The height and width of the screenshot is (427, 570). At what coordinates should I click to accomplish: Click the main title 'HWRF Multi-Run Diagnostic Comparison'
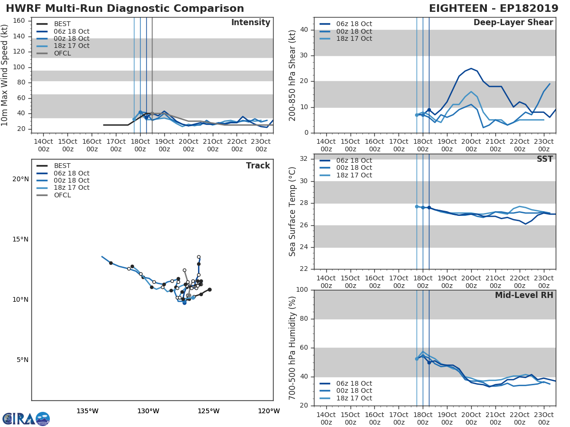(125, 9)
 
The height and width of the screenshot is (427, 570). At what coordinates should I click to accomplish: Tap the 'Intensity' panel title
(250, 23)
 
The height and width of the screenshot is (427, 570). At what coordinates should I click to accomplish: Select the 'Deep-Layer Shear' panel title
(513, 23)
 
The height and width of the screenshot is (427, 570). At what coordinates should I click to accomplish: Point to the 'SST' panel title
(544, 159)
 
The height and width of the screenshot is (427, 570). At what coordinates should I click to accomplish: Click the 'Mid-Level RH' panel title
(523, 296)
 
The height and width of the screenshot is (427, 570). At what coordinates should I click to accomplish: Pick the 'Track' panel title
(257, 166)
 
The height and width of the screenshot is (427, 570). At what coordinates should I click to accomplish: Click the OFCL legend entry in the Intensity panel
(62, 53)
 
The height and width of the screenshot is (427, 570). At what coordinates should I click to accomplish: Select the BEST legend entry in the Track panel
(62, 166)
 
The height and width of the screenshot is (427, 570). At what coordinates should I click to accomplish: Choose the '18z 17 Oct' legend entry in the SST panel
(353, 175)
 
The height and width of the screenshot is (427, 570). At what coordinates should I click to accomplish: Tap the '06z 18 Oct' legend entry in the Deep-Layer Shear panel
(353, 24)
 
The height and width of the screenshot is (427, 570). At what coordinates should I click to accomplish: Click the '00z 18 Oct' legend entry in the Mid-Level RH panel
(353, 391)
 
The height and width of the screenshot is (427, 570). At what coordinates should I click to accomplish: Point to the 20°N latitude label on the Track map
(20, 179)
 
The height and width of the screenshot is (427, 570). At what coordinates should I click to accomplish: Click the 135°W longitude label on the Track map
(87, 411)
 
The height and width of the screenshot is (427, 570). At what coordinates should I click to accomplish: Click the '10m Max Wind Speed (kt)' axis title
(5, 75)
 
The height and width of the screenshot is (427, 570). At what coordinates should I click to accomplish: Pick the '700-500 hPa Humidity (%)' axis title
(293, 348)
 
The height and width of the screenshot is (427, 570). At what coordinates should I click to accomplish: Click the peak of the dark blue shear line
(471, 68)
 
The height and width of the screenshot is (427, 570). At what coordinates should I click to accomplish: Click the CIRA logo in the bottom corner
(26, 418)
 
